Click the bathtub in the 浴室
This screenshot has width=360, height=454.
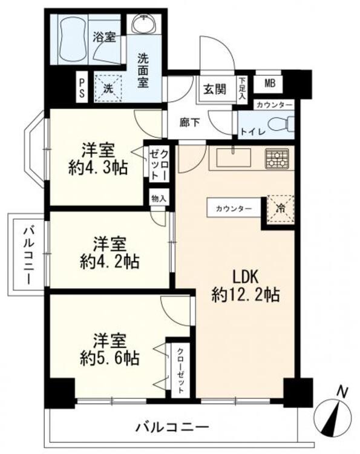(71, 38)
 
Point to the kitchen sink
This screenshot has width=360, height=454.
(232, 159)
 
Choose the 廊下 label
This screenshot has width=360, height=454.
(188, 121)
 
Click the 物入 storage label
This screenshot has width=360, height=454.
(159, 199)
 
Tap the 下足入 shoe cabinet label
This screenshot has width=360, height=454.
(243, 88)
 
